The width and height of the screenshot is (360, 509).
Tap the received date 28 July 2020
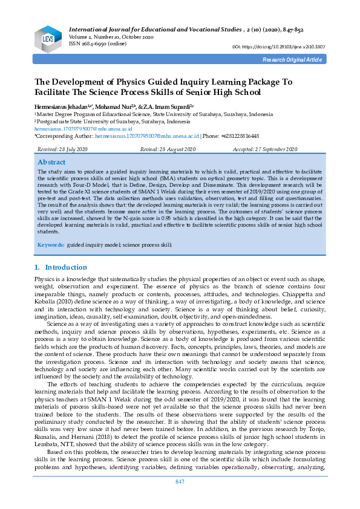(71, 149)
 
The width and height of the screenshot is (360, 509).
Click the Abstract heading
(51, 162)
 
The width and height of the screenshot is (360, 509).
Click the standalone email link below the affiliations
(74, 129)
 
